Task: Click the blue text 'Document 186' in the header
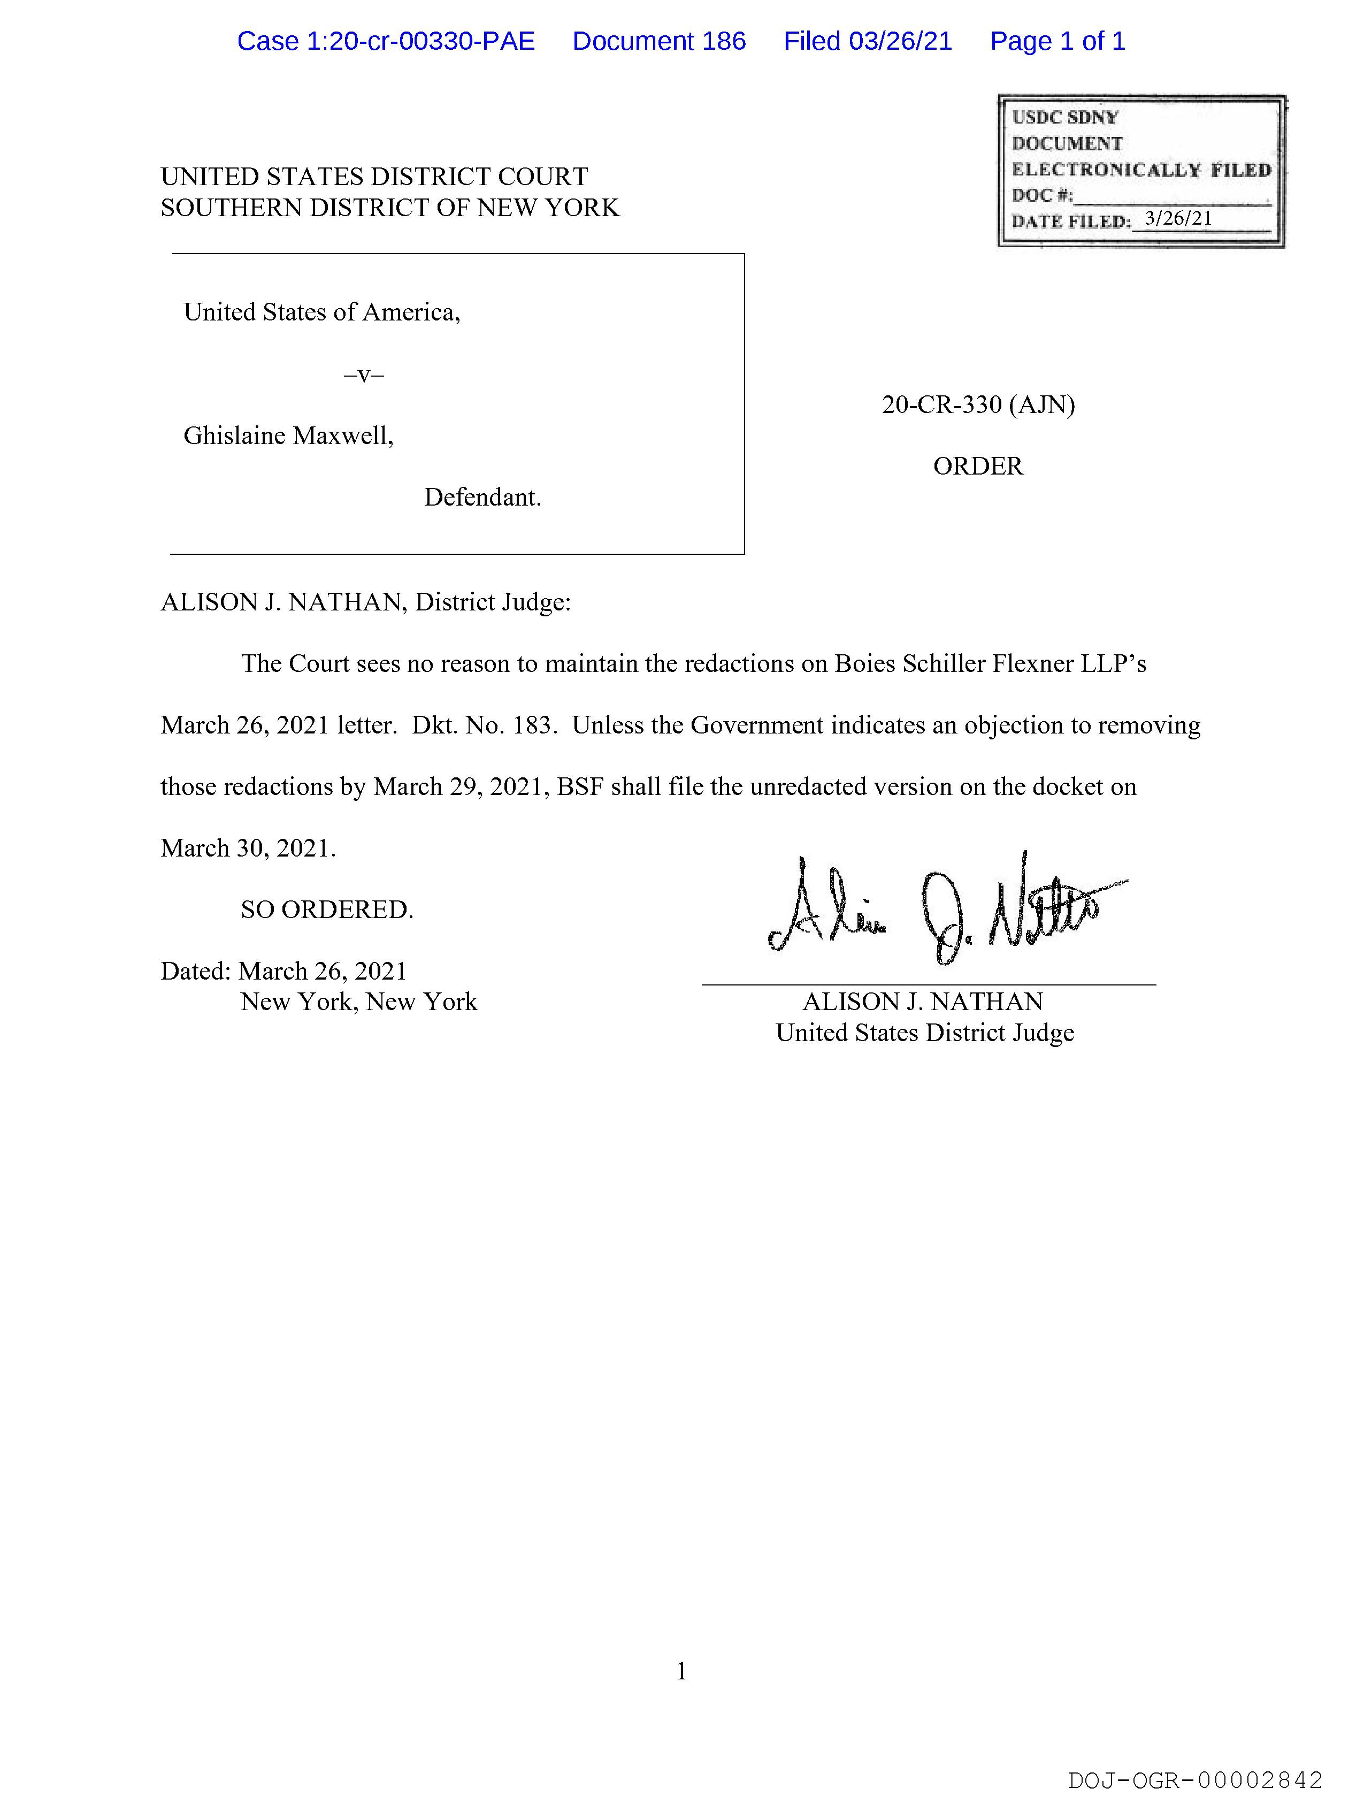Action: tap(658, 41)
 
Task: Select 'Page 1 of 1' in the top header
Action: tap(1057, 41)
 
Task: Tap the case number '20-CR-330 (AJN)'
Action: tap(978, 404)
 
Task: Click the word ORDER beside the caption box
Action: tap(978, 466)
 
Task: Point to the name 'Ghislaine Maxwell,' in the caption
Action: tap(288, 436)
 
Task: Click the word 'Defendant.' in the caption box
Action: tap(482, 497)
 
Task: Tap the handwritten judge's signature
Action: tap(942, 910)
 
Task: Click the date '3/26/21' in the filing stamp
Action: tap(1177, 218)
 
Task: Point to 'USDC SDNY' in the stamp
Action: tap(1064, 117)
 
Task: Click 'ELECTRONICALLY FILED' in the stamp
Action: tap(1141, 170)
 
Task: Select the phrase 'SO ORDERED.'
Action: tap(326, 910)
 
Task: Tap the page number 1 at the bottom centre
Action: tap(681, 1670)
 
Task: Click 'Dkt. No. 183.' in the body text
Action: tap(485, 725)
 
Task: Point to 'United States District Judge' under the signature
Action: tap(925, 1033)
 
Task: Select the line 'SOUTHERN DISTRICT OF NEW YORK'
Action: tap(390, 208)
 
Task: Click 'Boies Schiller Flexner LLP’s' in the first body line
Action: tap(991, 663)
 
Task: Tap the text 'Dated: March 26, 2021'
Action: tap(283, 971)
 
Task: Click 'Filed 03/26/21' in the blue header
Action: tap(867, 41)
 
